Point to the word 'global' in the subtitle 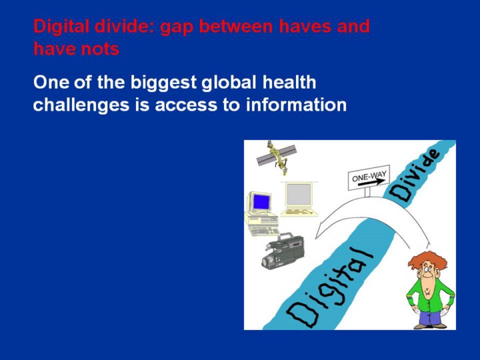(229, 83)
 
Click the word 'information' (296, 105)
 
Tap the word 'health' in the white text (289, 82)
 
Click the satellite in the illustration (277, 157)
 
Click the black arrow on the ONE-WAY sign (371, 183)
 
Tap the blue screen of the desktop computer (262, 202)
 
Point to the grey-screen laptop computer (299, 199)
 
